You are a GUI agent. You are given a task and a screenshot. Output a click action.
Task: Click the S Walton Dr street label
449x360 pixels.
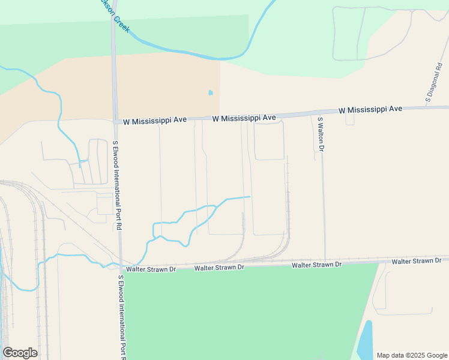(321, 134)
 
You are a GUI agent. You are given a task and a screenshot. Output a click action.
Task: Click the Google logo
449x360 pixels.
(20, 353)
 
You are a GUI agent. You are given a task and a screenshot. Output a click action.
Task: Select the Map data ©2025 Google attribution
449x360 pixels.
(411, 355)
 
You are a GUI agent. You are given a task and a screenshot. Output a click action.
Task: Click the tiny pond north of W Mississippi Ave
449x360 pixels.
(210, 93)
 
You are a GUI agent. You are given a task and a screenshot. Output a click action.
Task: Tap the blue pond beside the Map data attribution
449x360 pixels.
(364, 341)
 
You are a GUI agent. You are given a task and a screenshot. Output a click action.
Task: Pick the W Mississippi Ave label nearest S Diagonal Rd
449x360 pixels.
(370, 110)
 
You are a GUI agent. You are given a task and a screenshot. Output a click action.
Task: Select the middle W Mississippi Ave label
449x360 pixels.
(244, 118)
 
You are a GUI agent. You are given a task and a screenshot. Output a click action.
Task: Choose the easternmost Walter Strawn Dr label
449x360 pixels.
(417, 262)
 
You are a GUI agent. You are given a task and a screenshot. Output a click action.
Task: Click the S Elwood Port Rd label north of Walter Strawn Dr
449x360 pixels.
(117, 186)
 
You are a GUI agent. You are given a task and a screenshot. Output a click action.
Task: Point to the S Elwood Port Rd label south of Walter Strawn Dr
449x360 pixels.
(123, 318)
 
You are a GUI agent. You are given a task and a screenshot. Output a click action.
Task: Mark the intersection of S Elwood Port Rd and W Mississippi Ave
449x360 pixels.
(115, 121)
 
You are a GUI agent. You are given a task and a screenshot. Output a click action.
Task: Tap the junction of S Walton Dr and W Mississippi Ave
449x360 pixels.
(318, 113)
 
